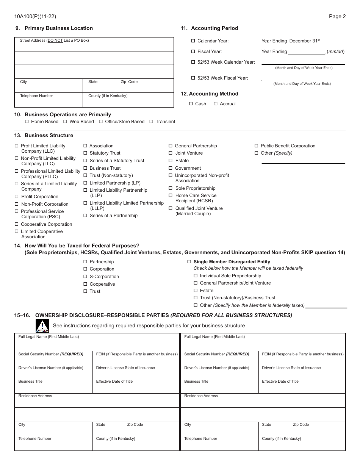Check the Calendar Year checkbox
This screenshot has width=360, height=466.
(193, 41)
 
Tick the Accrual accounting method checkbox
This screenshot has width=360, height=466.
(216, 104)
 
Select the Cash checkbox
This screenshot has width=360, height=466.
(191, 104)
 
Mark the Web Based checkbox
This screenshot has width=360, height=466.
(65, 122)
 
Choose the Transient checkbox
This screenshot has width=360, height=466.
(151, 122)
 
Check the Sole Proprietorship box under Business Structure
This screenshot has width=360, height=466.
(171, 188)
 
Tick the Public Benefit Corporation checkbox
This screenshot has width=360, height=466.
(257, 146)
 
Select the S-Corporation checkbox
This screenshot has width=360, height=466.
(85, 277)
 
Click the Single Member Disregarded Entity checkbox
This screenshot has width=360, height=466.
(189, 262)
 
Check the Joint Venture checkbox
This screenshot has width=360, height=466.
(171, 153)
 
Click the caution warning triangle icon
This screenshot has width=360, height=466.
(42, 326)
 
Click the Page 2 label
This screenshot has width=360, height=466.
(337, 16)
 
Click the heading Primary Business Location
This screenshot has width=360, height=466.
(58, 28)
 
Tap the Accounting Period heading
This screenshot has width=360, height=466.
(214, 28)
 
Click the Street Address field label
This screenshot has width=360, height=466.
(54, 40)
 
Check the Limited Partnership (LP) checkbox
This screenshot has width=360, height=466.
(85, 183)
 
